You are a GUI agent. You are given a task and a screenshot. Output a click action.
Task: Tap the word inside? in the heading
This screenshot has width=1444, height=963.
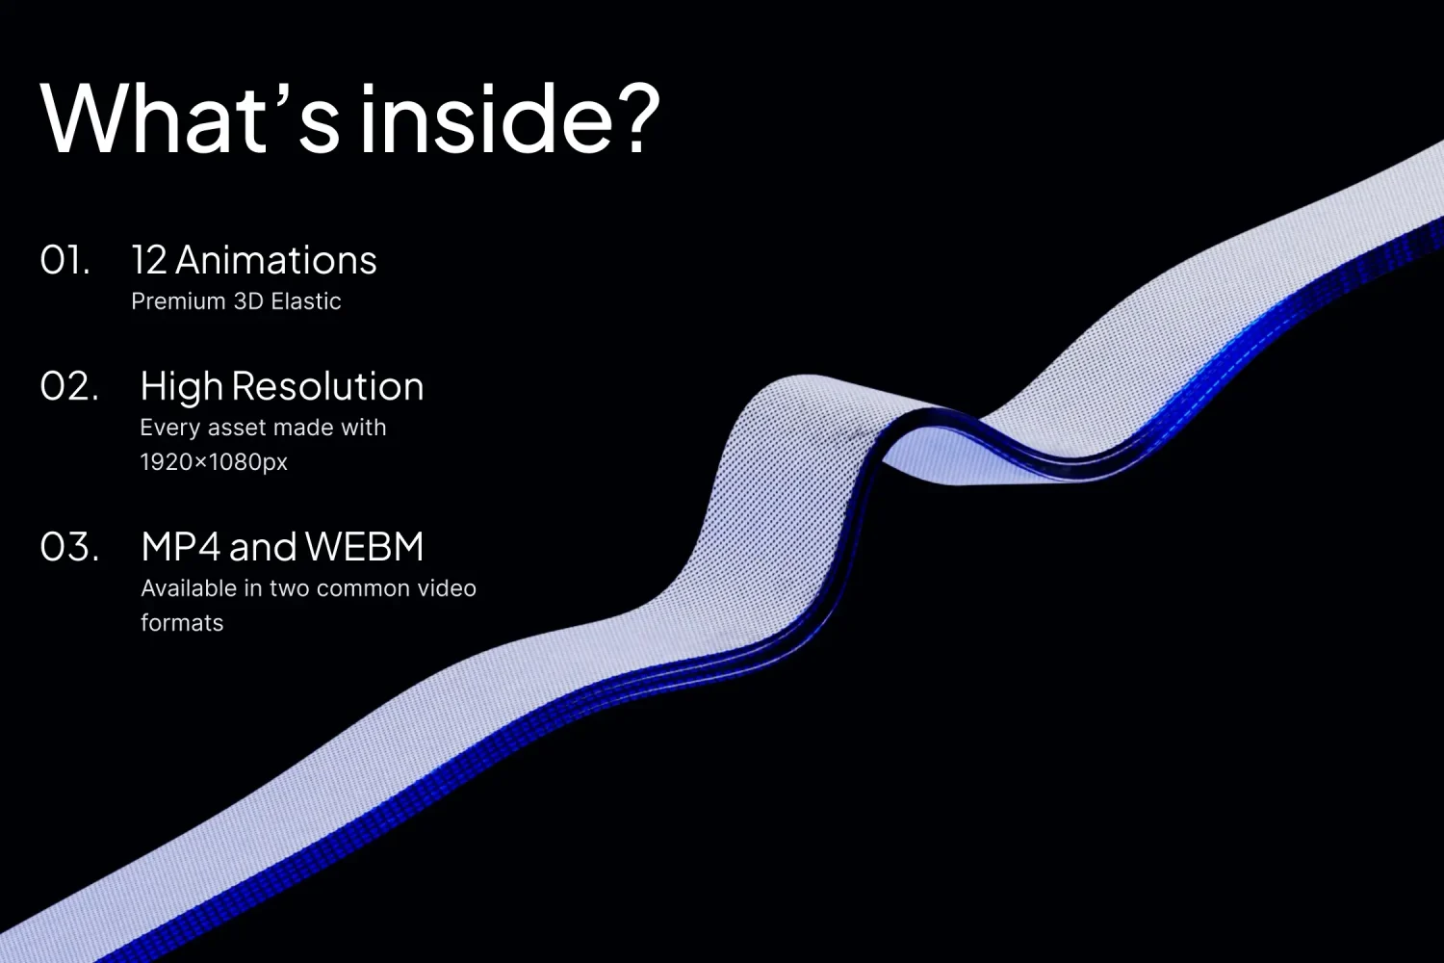[x=509, y=118]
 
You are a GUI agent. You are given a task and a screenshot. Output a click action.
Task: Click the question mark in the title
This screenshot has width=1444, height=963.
[x=637, y=118]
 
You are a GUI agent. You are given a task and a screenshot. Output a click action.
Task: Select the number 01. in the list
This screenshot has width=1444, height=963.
[x=64, y=261]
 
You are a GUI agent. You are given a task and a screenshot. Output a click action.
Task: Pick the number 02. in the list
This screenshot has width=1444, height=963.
[x=69, y=386]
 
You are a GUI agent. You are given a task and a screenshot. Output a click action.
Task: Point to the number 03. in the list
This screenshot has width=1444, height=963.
[x=69, y=547]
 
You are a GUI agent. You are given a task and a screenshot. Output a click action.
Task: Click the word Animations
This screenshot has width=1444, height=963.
[x=276, y=261]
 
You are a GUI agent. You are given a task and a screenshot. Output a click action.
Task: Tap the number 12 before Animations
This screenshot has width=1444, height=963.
[x=149, y=261]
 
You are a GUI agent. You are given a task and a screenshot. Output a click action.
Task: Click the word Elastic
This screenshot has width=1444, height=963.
[x=305, y=301]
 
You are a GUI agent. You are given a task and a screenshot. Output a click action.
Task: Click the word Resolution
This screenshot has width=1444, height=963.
[x=327, y=386]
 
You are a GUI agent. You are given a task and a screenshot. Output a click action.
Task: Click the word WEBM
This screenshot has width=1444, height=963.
[x=364, y=547]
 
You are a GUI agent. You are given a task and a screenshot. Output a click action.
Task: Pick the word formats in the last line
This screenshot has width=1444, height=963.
[x=182, y=623]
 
